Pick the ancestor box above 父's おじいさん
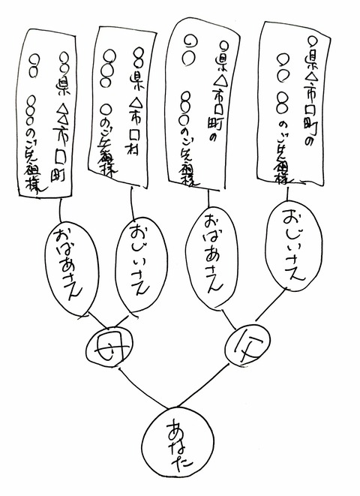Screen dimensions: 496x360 292,101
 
